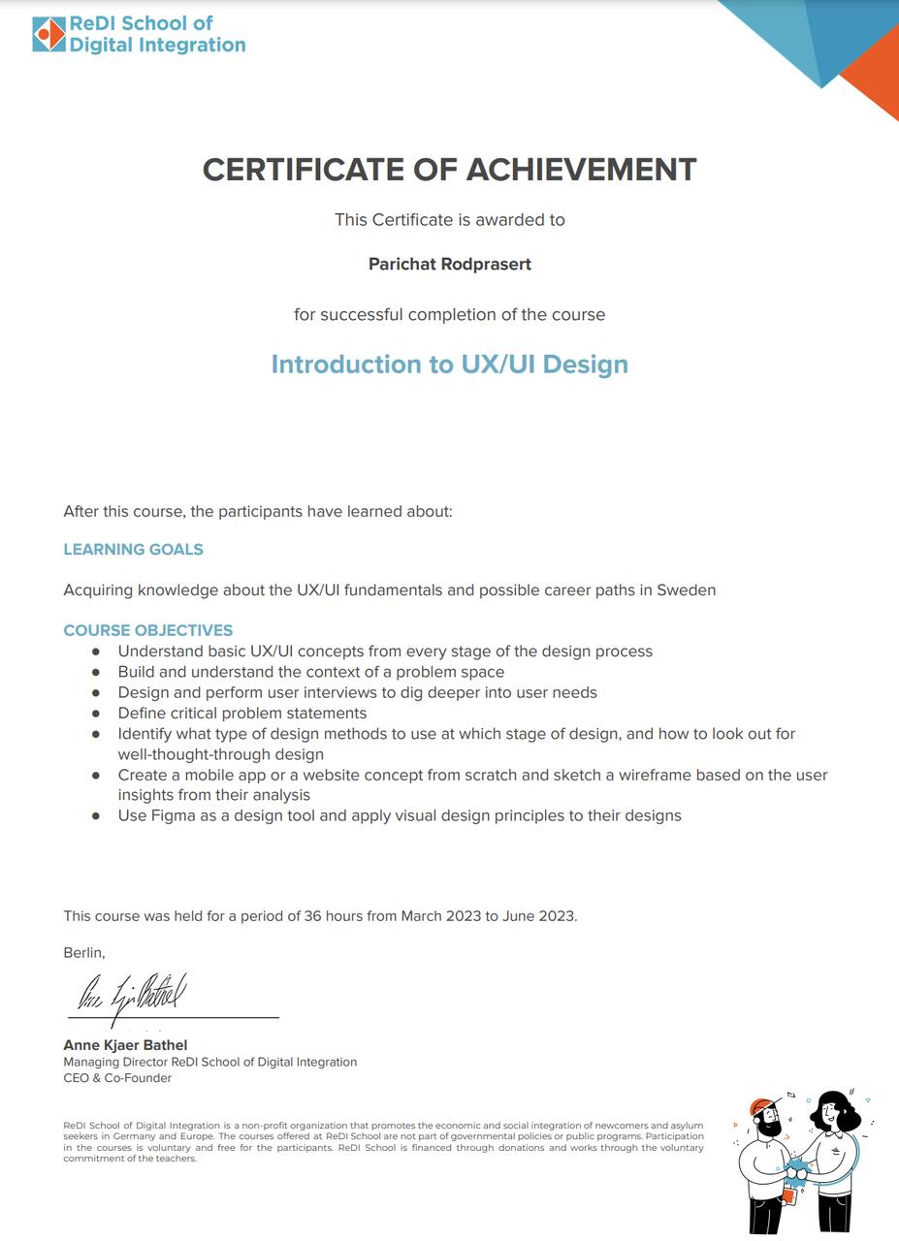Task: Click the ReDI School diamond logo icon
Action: [48, 34]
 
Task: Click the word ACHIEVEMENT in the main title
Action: [582, 170]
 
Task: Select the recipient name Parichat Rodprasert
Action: [450, 264]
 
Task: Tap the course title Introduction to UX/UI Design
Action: [450, 365]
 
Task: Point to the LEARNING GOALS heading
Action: [133, 550]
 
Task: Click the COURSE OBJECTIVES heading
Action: [147, 630]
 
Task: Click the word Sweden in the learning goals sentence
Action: [687, 589]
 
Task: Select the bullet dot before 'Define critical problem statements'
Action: [96, 714]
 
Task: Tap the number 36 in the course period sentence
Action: [312, 916]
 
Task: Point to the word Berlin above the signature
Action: [83, 953]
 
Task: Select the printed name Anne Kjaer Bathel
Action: [125, 1045]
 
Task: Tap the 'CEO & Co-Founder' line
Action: [117, 1078]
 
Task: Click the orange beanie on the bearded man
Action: [762, 1107]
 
